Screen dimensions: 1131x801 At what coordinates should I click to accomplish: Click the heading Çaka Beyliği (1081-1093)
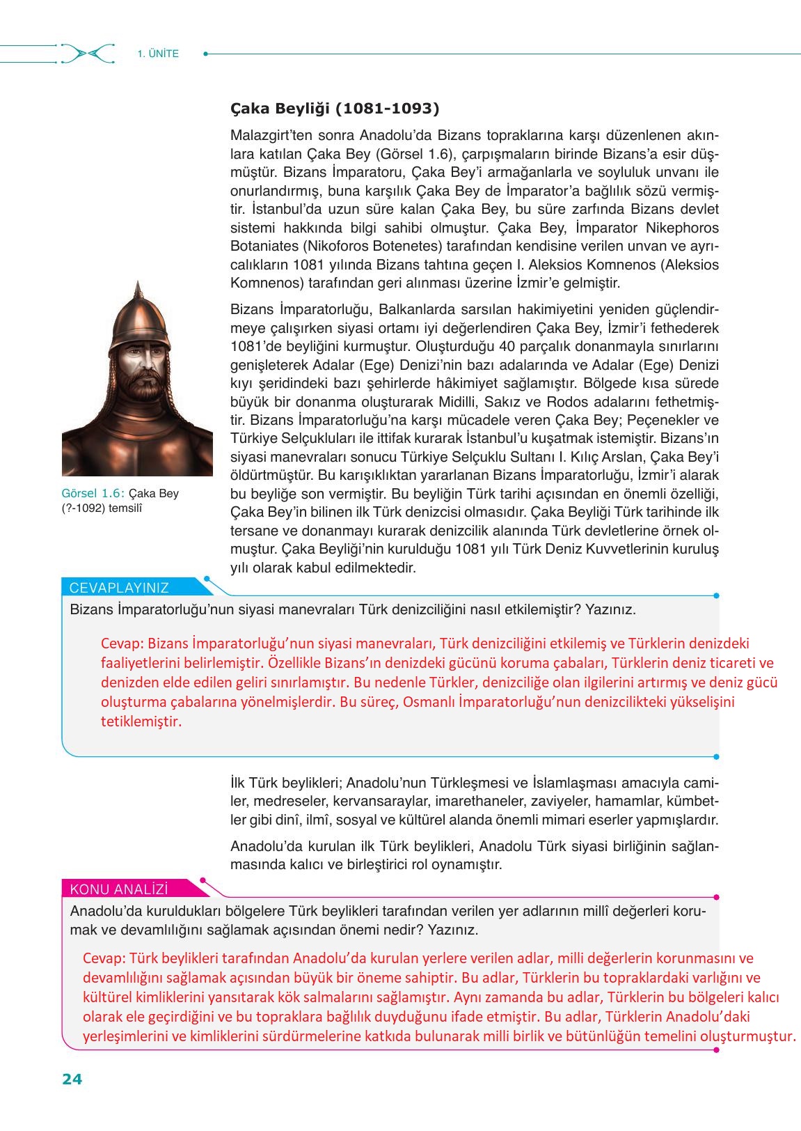tap(335, 109)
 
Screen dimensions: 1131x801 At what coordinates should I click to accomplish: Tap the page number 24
tap(72, 1079)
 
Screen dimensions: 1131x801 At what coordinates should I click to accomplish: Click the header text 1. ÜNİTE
tap(158, 54)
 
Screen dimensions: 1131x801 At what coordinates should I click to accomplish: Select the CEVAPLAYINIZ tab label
tap(119, 587)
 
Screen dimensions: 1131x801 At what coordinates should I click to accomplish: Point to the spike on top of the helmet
tap(138, 288)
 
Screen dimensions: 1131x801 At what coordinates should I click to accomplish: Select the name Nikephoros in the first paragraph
tap(681, 228)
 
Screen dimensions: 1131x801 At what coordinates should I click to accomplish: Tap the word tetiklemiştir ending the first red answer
tap(141, 721)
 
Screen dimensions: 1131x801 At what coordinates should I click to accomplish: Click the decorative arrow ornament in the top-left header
tap(88, 54)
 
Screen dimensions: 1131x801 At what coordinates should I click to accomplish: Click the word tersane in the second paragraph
tap(253, 530)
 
